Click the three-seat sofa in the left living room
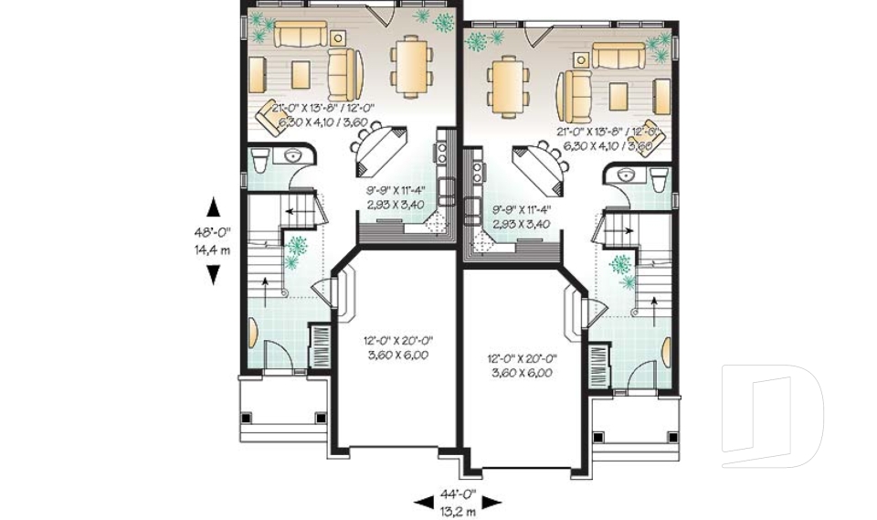(x=301, y=35)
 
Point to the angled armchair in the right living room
(x=649, y=133)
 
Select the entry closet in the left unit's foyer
(x=321, y=346)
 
